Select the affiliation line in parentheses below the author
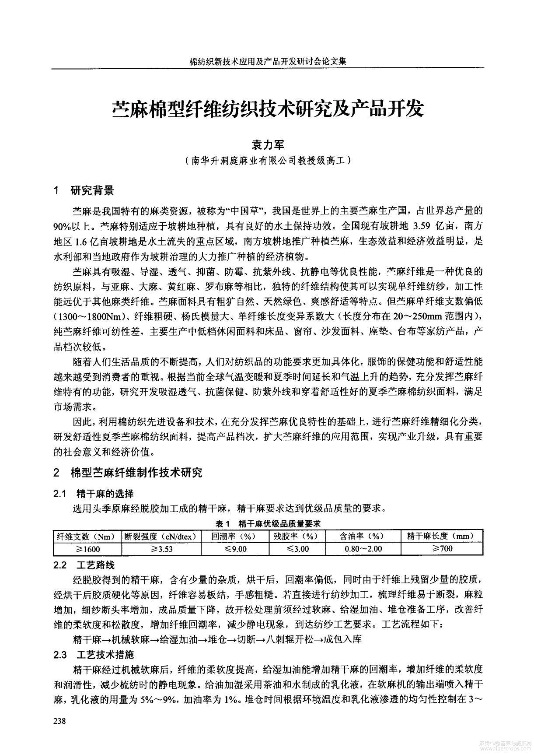pyautogui.click(x=267, y=161)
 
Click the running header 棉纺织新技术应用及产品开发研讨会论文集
pyautogui.click(x=268, y=62)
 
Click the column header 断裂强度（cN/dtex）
pyautogui.click(x=161, y=537)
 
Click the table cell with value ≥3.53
pyautogui.click(x=161, y=549)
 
